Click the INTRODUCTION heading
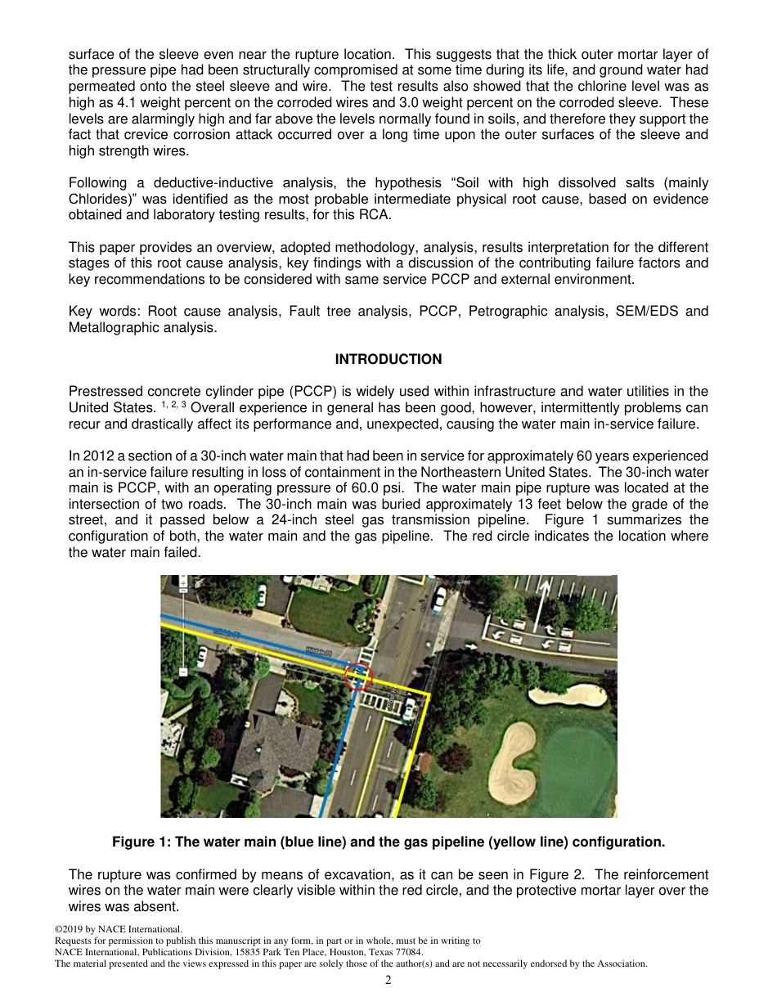[x=388, y=359]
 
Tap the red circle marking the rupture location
[x=358, y=676]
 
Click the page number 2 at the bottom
[x=388, y=981]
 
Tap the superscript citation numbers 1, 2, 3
[x=174, y=404]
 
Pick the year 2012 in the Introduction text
[x=97, y=456]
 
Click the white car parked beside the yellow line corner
[x=408, y=712]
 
